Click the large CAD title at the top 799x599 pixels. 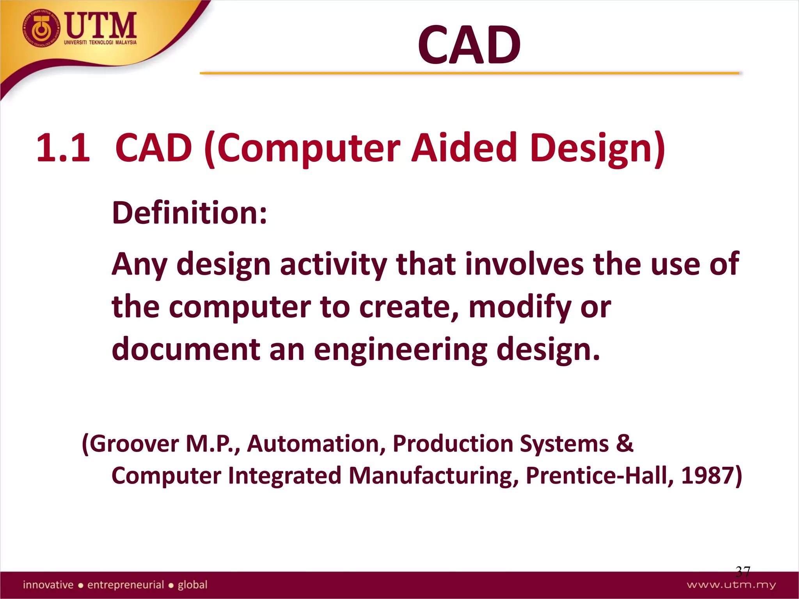click(469, 45)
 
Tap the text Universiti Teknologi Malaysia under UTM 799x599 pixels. click(100, 42)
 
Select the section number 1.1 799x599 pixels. click(63, 147)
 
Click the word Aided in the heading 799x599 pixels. click(464, 147)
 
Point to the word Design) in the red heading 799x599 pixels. click(597, 148)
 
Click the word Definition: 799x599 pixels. click(190, 213)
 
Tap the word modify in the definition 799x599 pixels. click(520, 307)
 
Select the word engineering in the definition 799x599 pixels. click(401, 350)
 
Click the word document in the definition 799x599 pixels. click(186, 349)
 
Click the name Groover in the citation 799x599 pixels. click(134, 444)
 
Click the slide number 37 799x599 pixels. click(742, 572)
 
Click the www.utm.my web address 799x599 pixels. click(731, 585)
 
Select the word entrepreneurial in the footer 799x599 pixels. click(126, 585)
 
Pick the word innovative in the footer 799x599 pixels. click(48, 585)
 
